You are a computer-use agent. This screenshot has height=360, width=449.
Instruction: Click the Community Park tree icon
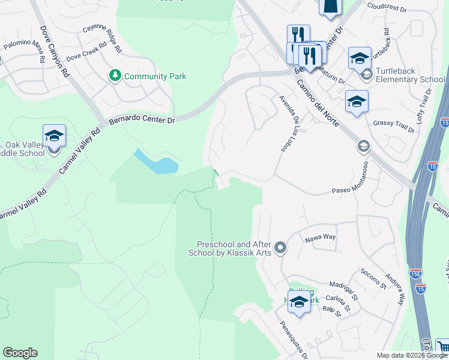click(115, 76)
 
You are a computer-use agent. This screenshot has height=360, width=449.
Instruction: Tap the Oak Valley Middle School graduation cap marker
click(53, 136)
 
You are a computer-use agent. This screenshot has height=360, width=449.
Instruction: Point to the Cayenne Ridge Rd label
click(102, 38)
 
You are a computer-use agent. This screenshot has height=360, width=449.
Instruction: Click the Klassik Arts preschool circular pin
click(280, 248)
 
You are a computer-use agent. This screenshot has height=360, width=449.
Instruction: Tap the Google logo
click(20, 353)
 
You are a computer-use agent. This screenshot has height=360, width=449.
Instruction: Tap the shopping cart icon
click(443, 347)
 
